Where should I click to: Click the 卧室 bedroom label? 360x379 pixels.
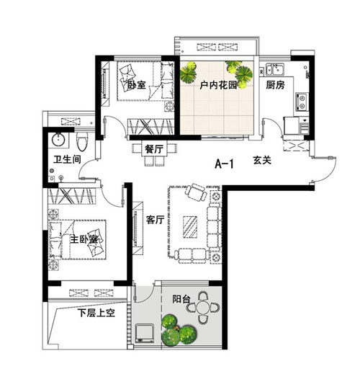137,85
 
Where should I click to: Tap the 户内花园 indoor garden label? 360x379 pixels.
218,85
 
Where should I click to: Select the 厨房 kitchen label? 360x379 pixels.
275,85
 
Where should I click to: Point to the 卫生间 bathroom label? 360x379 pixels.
67,159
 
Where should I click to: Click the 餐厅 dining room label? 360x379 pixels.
154,149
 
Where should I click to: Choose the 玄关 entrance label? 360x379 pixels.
262,160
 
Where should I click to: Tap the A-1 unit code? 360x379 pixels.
224,164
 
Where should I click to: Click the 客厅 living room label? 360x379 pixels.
155,220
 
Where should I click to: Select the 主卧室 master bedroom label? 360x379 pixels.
84,239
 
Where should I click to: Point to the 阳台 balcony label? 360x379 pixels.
181,299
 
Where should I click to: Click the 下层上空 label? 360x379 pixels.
96,313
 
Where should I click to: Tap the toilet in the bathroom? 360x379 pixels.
82,142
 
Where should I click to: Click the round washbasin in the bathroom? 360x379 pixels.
59,140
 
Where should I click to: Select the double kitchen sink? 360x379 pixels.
275,69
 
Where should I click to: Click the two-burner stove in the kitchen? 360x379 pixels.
302,102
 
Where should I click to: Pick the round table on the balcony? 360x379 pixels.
203,308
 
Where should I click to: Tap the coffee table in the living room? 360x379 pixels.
190,227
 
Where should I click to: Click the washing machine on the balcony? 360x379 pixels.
145,334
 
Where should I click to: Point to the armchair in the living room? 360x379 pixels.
196,192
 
